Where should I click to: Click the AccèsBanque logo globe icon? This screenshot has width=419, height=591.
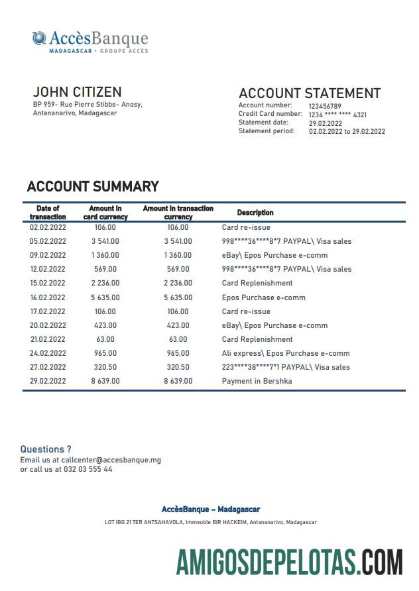click(40, 38)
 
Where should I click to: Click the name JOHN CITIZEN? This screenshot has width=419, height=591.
click(77, 91)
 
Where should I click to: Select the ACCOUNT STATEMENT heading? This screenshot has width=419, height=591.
click(310, 93)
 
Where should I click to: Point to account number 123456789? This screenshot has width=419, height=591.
click(325, 106)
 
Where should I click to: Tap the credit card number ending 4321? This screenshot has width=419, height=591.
click(337, 115)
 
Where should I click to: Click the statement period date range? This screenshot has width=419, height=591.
click(347, 131)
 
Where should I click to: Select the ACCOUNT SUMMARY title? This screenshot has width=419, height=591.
click(93, 187)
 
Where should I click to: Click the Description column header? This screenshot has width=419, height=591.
click(255, 213)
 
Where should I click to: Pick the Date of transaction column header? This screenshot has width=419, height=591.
click(48, 213)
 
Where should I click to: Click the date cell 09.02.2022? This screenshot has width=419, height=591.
click(48, 255)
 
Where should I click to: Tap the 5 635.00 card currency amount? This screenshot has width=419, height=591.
click(105, 297)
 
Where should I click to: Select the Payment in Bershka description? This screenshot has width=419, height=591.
click(257, 381)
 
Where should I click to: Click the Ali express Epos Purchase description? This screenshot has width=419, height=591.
click(286, 353)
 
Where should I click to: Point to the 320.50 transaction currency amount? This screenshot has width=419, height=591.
click(178, 367)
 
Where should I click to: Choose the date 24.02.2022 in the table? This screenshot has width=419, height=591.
click(48, 353)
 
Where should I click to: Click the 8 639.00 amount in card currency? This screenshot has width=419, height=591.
click(105, 381)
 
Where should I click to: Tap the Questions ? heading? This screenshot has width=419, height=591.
click(46, 449)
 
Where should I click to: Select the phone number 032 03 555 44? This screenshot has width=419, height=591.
click(88, 469)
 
